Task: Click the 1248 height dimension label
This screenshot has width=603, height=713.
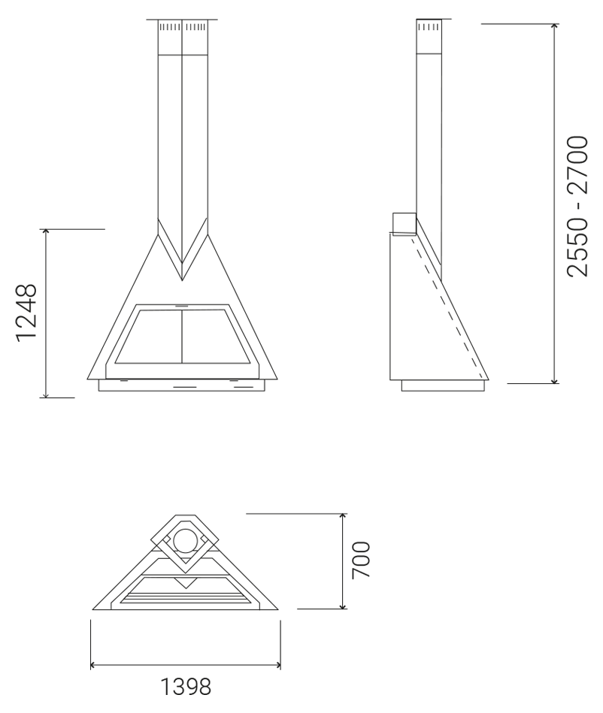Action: pos(26,313)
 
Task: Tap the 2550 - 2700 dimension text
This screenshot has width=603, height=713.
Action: pos(577,206)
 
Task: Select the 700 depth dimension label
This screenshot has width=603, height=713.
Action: pos(362,560)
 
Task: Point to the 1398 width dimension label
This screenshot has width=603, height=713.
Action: pos(186,687)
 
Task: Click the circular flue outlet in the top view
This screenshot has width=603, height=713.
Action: pos(186,541)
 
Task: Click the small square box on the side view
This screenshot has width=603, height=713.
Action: pos(404,224)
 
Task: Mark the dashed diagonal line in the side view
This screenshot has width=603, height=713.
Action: pos(447,307)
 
